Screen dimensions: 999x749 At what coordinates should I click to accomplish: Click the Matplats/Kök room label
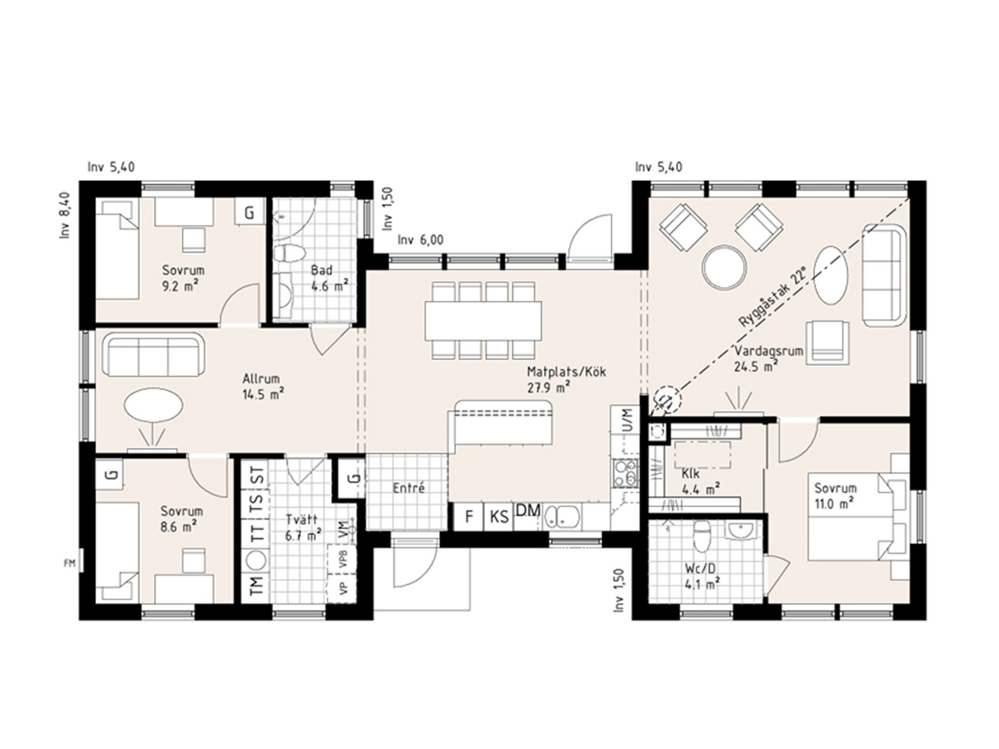pyautogui.click(x=567, y=372)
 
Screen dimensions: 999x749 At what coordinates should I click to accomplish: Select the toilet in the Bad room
pyautogui.click(x=289, y=253)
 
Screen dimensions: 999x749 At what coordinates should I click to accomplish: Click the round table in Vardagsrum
pyautogui.click(x=725, y=267)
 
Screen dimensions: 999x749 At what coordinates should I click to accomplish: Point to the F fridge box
pyautogui.click(x=469, y=517)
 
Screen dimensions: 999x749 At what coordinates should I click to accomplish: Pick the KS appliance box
pyautogui.click(x=499, y=517)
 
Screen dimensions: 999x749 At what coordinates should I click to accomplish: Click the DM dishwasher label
pyautogui.click(x=528, y=510)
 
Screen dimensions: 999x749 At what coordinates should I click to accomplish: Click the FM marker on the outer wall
pyautogui.click(x=70, y=564)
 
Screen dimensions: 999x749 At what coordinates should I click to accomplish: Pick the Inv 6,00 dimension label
pyautogui.click(x=420, y=240)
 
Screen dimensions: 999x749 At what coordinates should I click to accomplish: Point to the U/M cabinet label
pyautogui.click(x=627, y=418)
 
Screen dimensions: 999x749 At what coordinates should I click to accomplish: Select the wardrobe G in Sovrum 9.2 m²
pyautogui.click(x=249, y=212)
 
